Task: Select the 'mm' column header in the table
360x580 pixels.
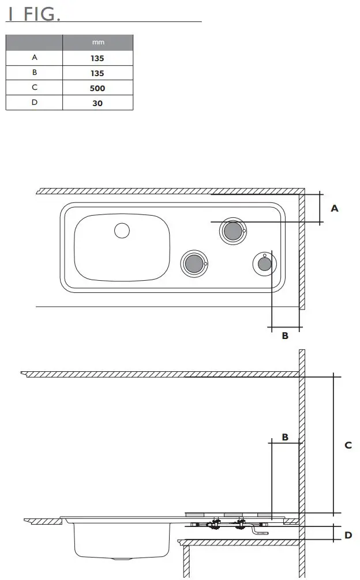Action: click(97, 43)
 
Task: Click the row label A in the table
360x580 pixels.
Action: click(34, 58)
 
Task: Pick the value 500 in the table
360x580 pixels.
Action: click(97, 88)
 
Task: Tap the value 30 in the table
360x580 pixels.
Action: click(97, 103)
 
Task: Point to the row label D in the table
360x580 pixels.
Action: click(34, 103)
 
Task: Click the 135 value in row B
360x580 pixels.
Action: click(97, 73)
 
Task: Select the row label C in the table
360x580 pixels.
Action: click(34, 88)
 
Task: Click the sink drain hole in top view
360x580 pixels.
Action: click(122, 231)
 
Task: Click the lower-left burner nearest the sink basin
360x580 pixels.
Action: click(193, 263)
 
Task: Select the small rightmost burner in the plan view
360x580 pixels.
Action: click(264, 264)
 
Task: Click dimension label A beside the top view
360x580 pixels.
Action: click(334, 209)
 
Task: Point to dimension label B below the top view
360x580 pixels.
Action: click(285, 336)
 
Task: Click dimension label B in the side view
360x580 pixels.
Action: click(285, 437)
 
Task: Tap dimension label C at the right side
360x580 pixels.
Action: click(348, 445)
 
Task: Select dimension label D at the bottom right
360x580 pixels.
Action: click(348, 535)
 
